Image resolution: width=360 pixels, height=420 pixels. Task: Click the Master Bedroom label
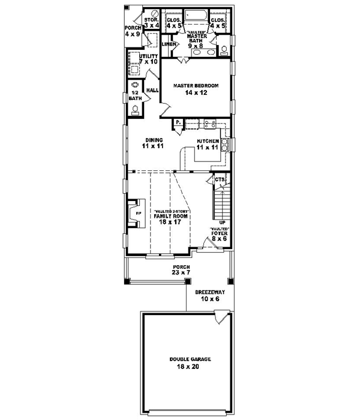tap(196, 89)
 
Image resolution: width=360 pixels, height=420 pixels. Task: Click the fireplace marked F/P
tap(134, 213)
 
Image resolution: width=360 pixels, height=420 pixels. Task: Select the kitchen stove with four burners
tap(211, 124)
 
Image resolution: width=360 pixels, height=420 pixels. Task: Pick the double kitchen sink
tap(224, 144)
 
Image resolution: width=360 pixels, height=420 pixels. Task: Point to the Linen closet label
tap(169, 44)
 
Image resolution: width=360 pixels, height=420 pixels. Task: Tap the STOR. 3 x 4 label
tap(151, 23)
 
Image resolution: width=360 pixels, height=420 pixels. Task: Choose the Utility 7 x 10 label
tap(148, 59)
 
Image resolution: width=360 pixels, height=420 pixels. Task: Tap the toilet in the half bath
tap(135, 109)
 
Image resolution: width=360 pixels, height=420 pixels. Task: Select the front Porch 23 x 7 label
tap(181, 270)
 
